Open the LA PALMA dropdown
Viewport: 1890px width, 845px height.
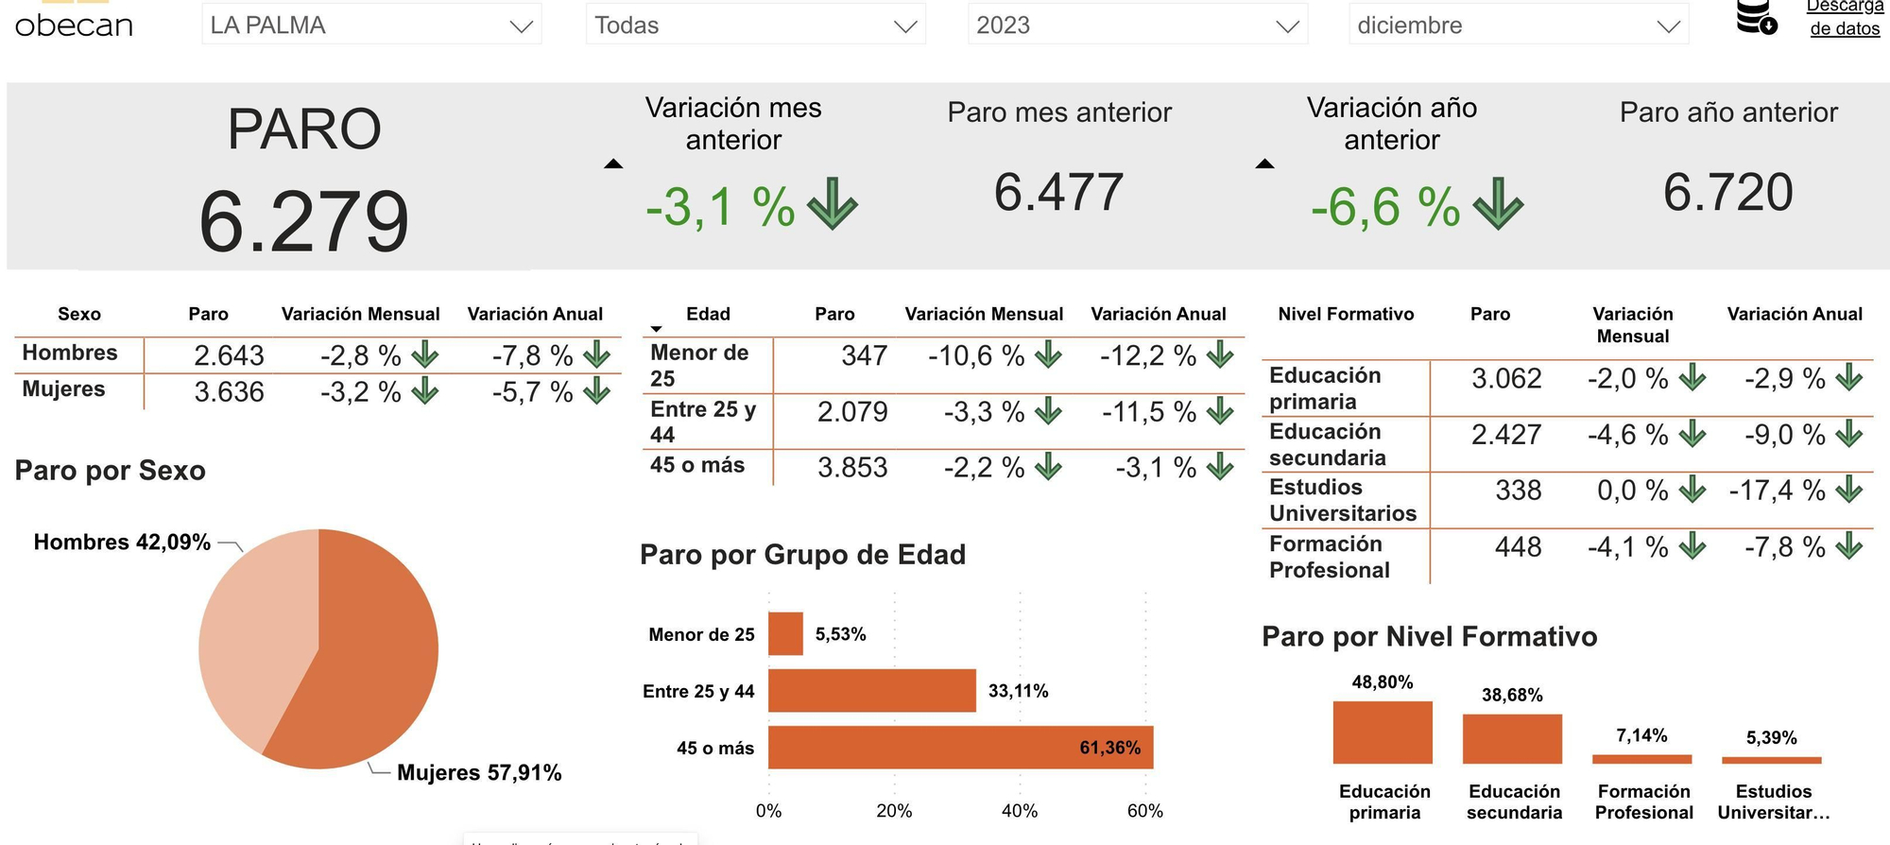(370, 26)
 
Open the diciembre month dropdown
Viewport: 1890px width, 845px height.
(1518, 26)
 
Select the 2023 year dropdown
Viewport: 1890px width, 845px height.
(1137, 26)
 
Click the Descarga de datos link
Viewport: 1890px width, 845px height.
(1844, 18)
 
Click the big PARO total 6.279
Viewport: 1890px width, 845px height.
(303, 222)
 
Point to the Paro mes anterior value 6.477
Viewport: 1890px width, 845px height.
(1058, 192)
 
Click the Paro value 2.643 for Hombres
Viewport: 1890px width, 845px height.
(229, 355)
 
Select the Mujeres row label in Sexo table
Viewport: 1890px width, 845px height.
(64, 389)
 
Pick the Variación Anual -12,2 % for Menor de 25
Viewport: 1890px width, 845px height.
(1147, 355)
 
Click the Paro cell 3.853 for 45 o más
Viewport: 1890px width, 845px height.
(852, 467)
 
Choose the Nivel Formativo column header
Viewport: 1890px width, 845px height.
(1346, 314)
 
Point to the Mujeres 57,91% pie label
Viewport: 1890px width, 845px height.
(479, 773)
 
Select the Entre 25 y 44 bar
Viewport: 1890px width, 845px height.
(871, 691)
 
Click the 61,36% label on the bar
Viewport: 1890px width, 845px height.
(1109, 748)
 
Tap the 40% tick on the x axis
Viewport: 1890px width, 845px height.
(1020, 811)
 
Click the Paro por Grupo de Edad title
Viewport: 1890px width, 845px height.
(802, 555)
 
